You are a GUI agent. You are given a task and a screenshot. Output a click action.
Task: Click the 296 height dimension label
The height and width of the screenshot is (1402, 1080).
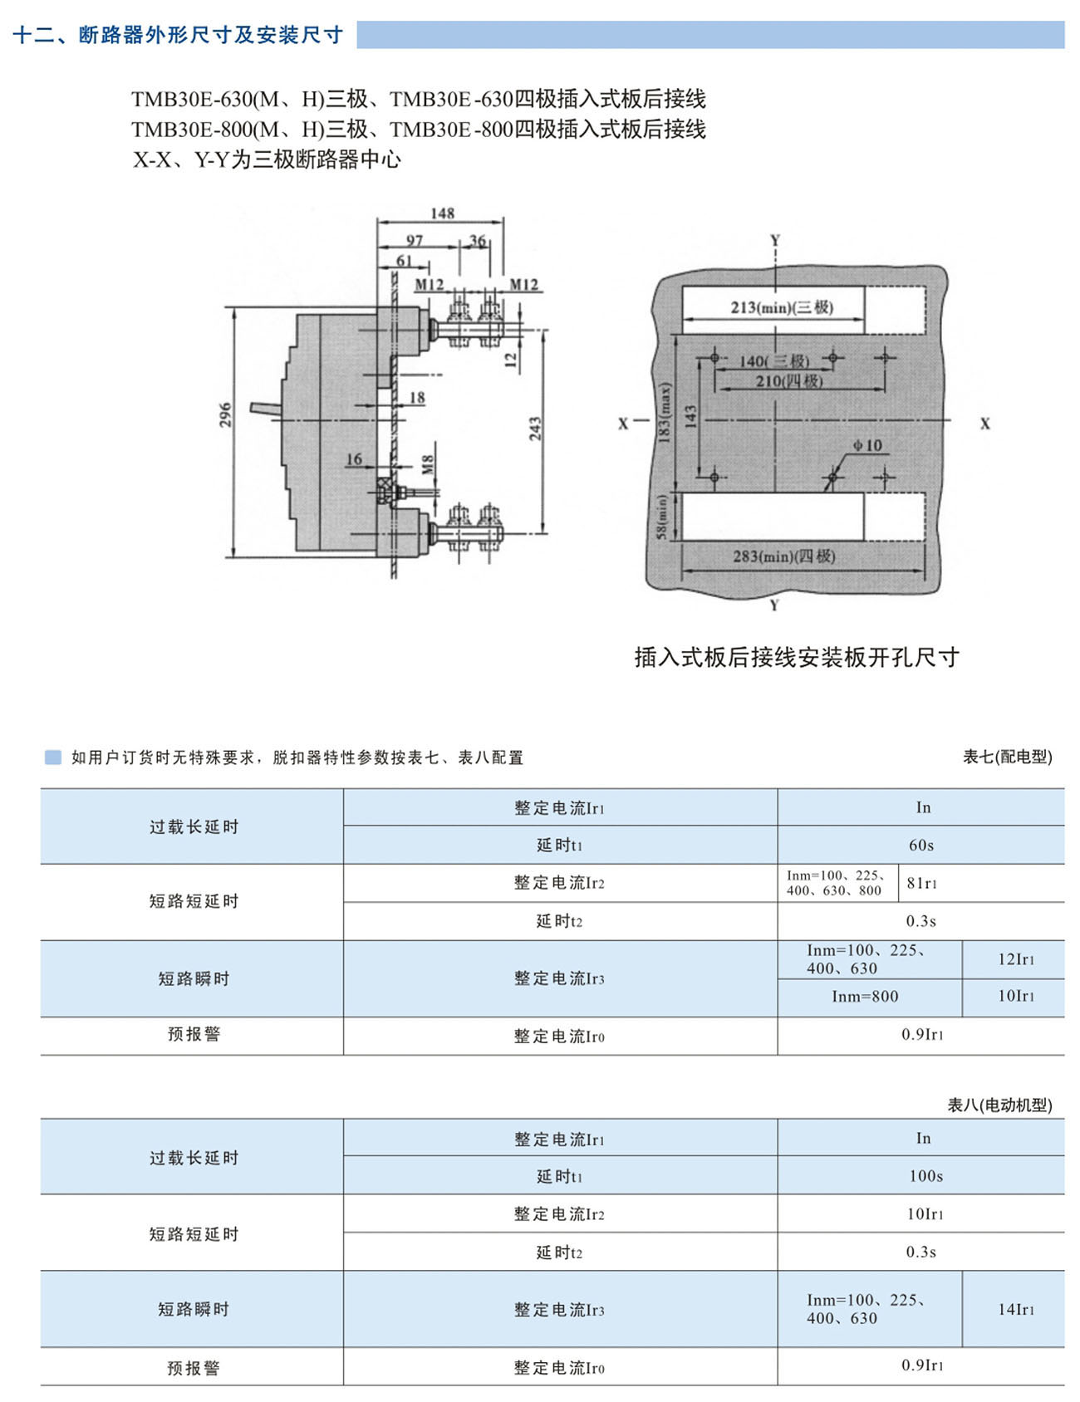[x=225, y=415]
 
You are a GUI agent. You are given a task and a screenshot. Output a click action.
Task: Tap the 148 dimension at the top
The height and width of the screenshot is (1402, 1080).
[x=442, y=213]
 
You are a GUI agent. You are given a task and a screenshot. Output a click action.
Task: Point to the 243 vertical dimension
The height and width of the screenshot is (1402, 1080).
[x=535, y=429]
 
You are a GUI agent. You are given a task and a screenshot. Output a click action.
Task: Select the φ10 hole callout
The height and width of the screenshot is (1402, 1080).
[x=867, y=446]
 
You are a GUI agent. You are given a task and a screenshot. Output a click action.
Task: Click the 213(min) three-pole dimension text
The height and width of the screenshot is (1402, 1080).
[x=782, y=307]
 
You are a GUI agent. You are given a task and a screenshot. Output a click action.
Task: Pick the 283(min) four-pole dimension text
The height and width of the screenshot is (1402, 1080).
[x=784, y=556]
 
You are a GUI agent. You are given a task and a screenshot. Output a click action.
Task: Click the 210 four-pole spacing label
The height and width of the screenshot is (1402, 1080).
[x=789, y=380]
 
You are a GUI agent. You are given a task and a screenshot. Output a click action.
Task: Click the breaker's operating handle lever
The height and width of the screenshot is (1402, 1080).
[x=268, y=409]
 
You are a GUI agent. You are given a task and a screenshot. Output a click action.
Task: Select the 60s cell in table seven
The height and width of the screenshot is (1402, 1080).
[x=921, y=845]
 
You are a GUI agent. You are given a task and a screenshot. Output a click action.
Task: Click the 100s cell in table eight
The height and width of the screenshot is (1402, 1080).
[x=925, y=1176]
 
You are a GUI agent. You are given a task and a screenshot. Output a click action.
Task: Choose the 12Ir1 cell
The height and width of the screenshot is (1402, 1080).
[x=1016, y=959]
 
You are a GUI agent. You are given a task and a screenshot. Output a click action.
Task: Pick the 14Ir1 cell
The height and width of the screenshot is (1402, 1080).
[x=1016, y=1309]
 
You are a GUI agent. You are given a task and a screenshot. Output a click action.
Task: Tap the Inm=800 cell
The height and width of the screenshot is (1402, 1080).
[x=865, y=997]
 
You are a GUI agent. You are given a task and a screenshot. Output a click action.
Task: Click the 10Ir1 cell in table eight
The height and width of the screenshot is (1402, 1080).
[x=925, y=1214]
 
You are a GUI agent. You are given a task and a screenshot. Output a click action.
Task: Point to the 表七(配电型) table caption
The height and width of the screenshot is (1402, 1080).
[x=1008, y=757]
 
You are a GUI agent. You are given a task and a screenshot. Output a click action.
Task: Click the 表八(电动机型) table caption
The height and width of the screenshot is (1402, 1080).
[x=1000, y=1105]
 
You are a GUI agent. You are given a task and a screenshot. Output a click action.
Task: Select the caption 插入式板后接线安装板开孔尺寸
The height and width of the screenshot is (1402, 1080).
[x=797, y=657]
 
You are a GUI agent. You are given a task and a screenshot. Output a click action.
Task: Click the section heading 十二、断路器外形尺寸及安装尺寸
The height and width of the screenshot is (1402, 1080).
[x=179, y=35]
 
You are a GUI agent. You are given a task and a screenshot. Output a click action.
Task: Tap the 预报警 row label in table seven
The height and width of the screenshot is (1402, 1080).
[x=194, y=1034]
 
